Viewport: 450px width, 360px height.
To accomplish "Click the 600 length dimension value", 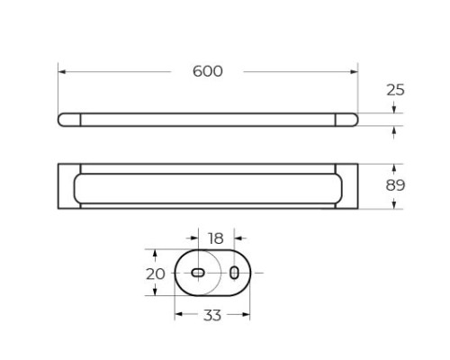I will pyautogui.click(x=208, y=71).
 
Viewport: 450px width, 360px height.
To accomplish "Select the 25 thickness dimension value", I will pyautogui.click(x=396, y=90).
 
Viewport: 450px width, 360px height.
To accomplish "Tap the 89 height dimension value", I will pyautogui.click(x=396, y=186).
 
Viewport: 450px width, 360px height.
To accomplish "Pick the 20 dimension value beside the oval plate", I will pyautogui.click(x=155, y=273).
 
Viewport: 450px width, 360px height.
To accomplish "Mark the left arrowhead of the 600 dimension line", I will pyautogui.click(x=61, y=71).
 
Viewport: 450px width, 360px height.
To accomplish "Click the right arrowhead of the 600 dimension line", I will pyautogui.click(x=355, y=71).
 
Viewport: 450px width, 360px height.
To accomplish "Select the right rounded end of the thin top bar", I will pyautogui.click(x=347, y=120).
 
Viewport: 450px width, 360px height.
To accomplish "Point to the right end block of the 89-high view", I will pyautogui.click(x=348, y=186).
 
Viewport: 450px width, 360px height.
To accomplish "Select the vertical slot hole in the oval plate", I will pyautogui.click(x=234, y=272).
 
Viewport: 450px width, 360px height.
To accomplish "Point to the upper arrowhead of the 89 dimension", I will pyautogui.click(x=396, y=167).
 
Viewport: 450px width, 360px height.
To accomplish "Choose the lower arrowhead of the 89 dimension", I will pyautogui.click(x=396, y=206).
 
